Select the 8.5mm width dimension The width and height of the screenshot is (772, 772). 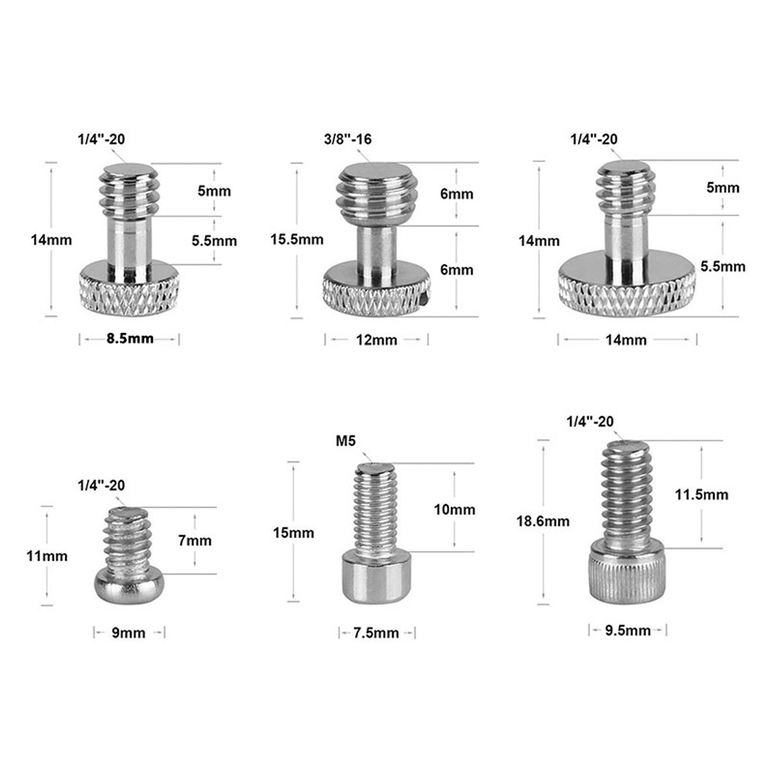130,340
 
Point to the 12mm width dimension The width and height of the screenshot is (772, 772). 377,340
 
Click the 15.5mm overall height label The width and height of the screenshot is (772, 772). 296,239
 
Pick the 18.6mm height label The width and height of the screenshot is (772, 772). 543,521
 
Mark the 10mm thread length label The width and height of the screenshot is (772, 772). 454,510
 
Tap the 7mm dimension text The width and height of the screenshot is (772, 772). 195,540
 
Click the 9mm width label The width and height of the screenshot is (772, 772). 129,633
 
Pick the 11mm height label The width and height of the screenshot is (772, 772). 48,556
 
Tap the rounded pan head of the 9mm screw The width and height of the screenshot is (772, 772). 128,586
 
